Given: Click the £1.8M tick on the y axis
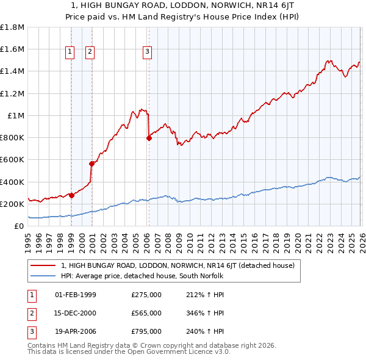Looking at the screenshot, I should point(12,27).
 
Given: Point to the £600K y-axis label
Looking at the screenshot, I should point(12,160).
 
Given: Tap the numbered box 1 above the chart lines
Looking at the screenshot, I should point(70,52).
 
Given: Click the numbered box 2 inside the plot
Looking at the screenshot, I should point(90,52).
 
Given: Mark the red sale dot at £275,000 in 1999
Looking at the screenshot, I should point(71,195).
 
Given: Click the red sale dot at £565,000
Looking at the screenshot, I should point(91,164).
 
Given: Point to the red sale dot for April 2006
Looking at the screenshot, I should point(149,138).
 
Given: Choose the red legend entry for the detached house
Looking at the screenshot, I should point(178,265).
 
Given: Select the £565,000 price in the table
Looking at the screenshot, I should point(146,313).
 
